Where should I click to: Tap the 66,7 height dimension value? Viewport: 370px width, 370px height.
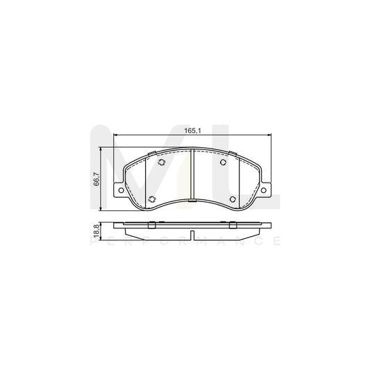coord(96,180)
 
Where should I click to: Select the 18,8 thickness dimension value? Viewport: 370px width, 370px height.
coord(96,230)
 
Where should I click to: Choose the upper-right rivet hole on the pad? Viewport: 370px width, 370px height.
coord(222,164)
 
